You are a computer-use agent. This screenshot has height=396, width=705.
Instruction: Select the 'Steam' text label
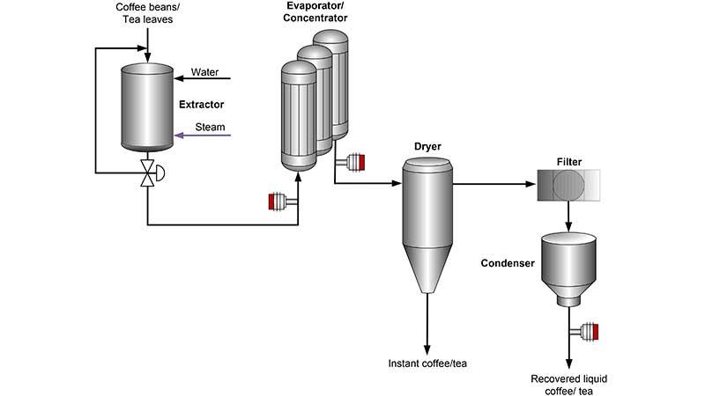point(210,127)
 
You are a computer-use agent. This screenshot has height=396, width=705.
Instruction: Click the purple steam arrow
point(203,136)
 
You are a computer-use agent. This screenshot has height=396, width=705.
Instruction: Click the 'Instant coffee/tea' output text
point(427,363)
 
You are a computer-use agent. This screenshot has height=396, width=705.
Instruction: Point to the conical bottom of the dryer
point(427,269)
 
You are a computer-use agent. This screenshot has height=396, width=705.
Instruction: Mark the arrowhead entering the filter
point(532,186)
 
